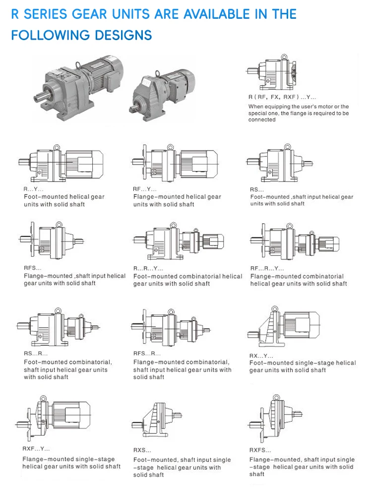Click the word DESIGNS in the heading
tap(125, 35)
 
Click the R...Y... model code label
tap(34, 189)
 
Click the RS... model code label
tap(257, 190)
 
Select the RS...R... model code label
tap(36, 354)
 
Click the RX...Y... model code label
tap(261, 356)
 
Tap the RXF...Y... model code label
tap(36, 449)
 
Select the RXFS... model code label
tap(260, 450)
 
